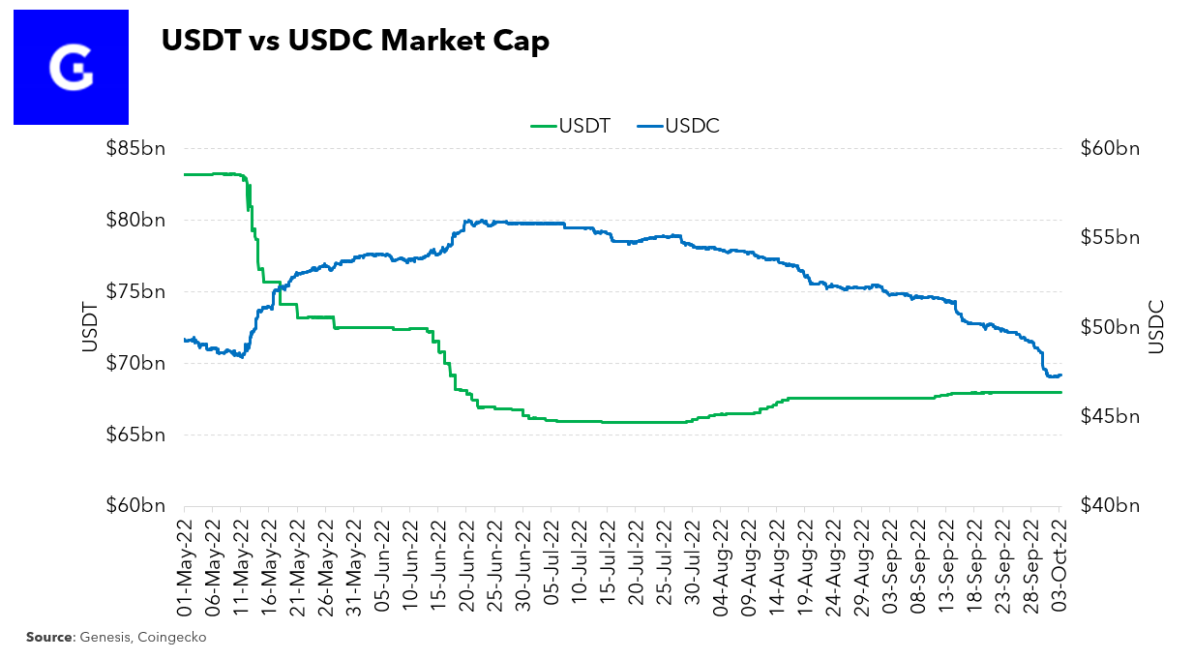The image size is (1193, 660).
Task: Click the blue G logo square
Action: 71,67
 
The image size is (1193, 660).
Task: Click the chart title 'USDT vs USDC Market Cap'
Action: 355,42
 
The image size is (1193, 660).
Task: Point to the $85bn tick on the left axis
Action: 136,149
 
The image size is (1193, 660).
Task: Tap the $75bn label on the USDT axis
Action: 136,292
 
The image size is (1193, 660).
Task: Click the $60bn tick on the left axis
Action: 136,505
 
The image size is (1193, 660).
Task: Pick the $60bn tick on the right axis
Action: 1109,149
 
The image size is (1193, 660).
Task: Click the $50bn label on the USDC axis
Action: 1109,327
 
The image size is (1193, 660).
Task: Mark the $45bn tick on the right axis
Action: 1109,416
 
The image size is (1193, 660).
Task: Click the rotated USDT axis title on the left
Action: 89,327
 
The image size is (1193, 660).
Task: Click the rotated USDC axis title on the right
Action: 1155,327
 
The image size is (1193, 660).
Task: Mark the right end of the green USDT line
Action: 1061,392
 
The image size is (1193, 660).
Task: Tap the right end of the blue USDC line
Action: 1061,375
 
